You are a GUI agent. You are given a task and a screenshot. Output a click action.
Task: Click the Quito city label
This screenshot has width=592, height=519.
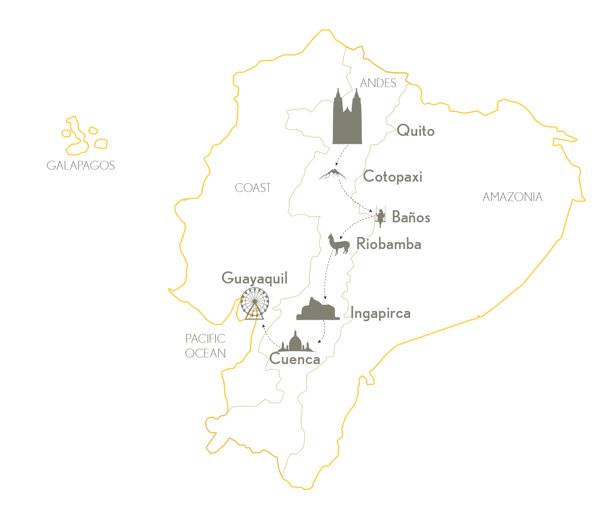(416, 131)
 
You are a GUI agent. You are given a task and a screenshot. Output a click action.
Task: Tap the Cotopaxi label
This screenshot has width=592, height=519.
(393, 177)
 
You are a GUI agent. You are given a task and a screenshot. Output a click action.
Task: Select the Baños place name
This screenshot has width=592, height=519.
(411, 217)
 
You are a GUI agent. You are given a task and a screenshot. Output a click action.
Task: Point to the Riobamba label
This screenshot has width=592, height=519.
(389, 244)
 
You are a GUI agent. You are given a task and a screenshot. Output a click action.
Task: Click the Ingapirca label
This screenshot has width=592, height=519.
(380, 314)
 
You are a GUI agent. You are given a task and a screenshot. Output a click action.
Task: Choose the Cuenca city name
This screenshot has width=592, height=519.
(295, 359)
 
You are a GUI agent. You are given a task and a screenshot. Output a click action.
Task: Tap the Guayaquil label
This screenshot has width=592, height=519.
(255, 278)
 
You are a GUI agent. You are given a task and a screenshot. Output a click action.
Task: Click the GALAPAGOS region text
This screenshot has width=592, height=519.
(81, 166)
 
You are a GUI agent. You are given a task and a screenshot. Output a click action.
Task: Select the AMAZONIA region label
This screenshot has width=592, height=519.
(512, 197)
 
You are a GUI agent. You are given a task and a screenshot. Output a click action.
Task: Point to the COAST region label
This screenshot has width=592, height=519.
(253, 188)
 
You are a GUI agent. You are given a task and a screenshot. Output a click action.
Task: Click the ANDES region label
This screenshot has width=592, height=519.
(378, 83)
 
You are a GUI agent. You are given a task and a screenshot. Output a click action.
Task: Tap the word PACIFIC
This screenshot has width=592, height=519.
(205, 338)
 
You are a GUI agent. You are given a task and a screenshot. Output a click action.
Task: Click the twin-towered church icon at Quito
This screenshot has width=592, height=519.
(347, 117)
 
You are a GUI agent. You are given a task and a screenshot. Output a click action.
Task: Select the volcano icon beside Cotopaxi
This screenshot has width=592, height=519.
(333, 174)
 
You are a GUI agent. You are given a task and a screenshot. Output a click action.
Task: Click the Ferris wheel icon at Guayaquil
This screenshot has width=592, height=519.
(255, 303)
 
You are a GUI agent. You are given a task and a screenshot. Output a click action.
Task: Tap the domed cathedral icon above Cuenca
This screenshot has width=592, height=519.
(295, 342)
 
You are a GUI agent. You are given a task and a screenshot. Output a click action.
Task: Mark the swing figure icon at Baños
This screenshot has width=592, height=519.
(381, 217)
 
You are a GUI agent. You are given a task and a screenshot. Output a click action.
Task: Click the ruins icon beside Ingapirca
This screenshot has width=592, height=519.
(318, 310)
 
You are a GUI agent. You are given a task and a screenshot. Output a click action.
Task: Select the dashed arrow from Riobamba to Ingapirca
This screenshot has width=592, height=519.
(326, 273)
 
